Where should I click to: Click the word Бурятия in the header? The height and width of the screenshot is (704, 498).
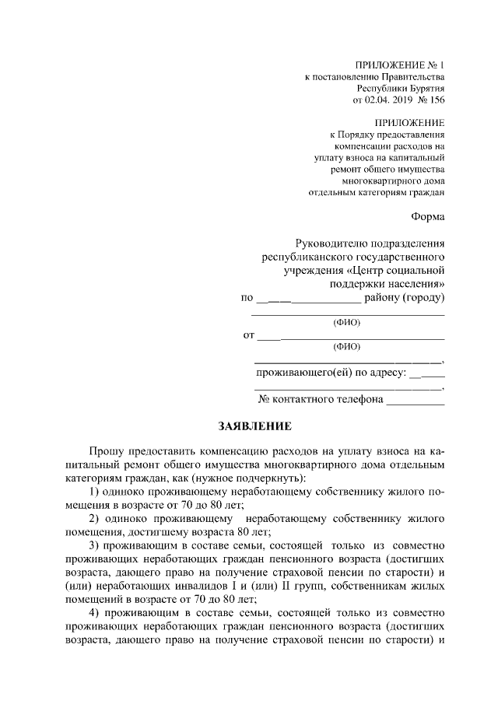424,89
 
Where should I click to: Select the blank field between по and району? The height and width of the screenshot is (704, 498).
308,299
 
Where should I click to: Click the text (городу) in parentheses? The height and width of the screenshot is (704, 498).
420,298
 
